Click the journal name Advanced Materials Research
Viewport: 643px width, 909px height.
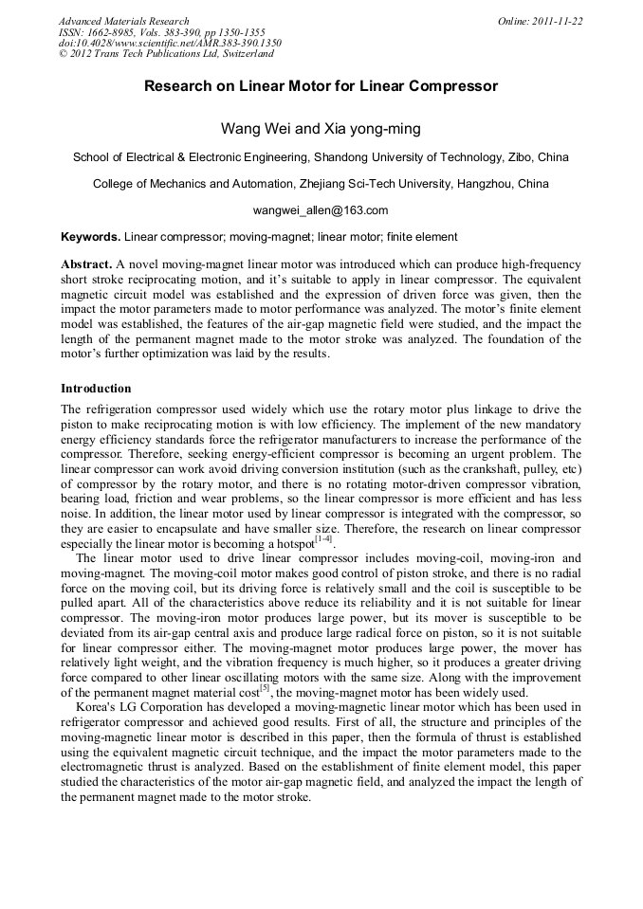coord(123,21)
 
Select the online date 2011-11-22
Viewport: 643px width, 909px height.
coord(554,21)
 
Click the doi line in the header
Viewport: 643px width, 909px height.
coord(170,44)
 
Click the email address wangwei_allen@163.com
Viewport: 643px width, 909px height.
coord(321,210)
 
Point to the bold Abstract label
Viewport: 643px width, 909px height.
coord(87,264)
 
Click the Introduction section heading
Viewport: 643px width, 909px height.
coord(96,389)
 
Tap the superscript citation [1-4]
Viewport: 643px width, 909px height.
coord(323,539)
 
